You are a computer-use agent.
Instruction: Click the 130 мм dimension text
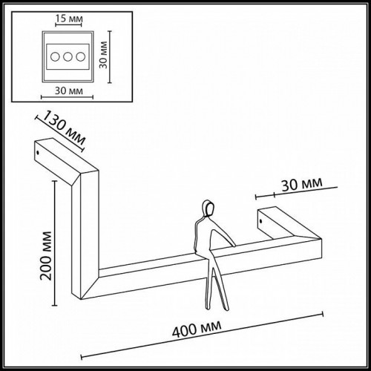[65, 127]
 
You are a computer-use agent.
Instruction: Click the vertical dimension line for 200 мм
[54, 245]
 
